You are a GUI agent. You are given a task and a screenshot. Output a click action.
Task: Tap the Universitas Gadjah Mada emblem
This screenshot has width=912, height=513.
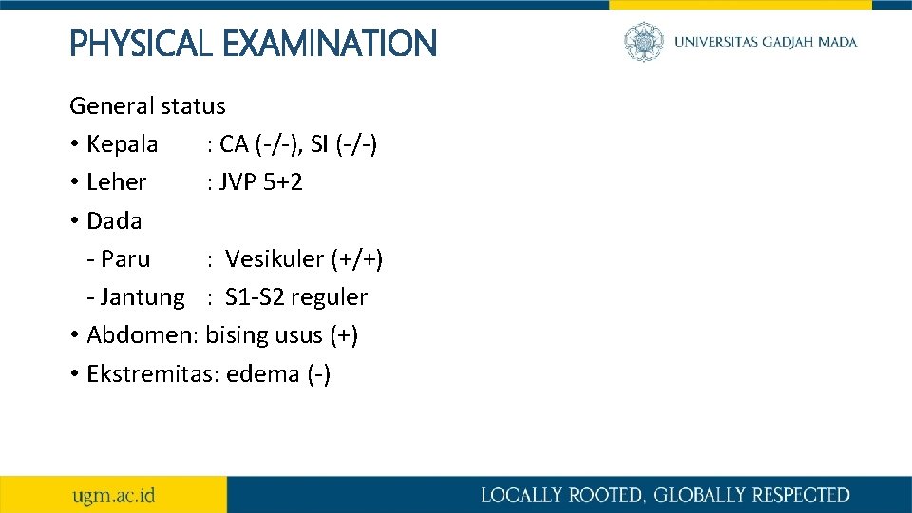644,42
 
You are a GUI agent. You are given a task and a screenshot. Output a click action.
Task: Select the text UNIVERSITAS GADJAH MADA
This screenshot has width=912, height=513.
766,42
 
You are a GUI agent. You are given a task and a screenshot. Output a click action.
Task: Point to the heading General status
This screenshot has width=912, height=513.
147,105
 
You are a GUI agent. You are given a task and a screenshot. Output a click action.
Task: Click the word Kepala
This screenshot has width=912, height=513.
122,144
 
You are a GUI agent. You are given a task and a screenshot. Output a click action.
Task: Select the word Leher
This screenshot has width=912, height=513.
116,182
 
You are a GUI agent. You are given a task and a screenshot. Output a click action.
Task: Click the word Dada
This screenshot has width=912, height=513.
114,220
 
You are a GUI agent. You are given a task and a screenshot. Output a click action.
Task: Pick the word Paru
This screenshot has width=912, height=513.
124,258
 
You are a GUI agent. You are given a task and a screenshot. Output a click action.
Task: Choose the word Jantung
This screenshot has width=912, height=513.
142,297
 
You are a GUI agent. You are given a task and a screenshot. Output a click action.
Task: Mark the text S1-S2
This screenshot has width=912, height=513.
255,297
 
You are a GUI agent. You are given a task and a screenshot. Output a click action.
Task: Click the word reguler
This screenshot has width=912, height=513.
329,297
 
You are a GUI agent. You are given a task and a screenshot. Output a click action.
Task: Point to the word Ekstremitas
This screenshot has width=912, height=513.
153,373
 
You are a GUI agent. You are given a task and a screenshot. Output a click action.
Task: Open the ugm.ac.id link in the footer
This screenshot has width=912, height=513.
114,495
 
